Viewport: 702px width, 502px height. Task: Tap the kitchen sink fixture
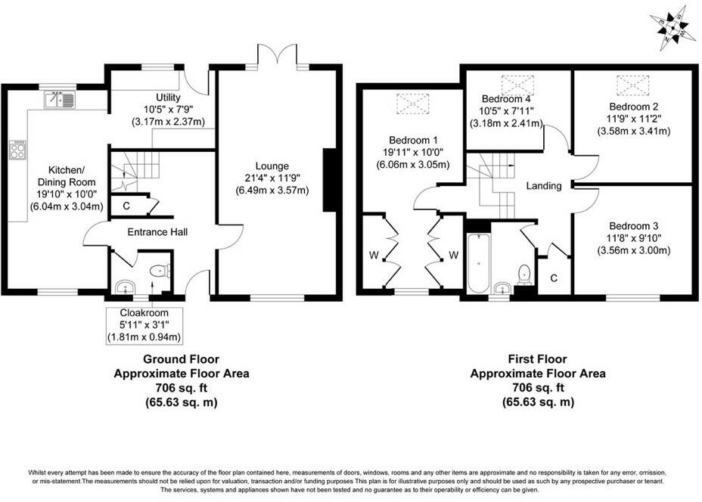[58, 99]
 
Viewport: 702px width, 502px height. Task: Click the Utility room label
[168, 98]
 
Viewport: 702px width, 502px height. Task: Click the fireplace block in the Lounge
[329, 180]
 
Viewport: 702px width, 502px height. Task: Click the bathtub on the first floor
[478, 265]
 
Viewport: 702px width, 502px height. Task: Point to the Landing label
[543, 186]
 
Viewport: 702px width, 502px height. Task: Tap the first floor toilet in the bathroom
[523, 273]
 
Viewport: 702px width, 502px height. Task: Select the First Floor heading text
[537, 360]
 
